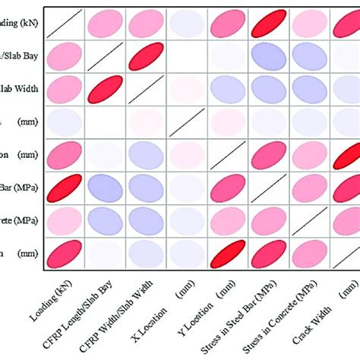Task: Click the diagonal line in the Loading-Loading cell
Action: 65,25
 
